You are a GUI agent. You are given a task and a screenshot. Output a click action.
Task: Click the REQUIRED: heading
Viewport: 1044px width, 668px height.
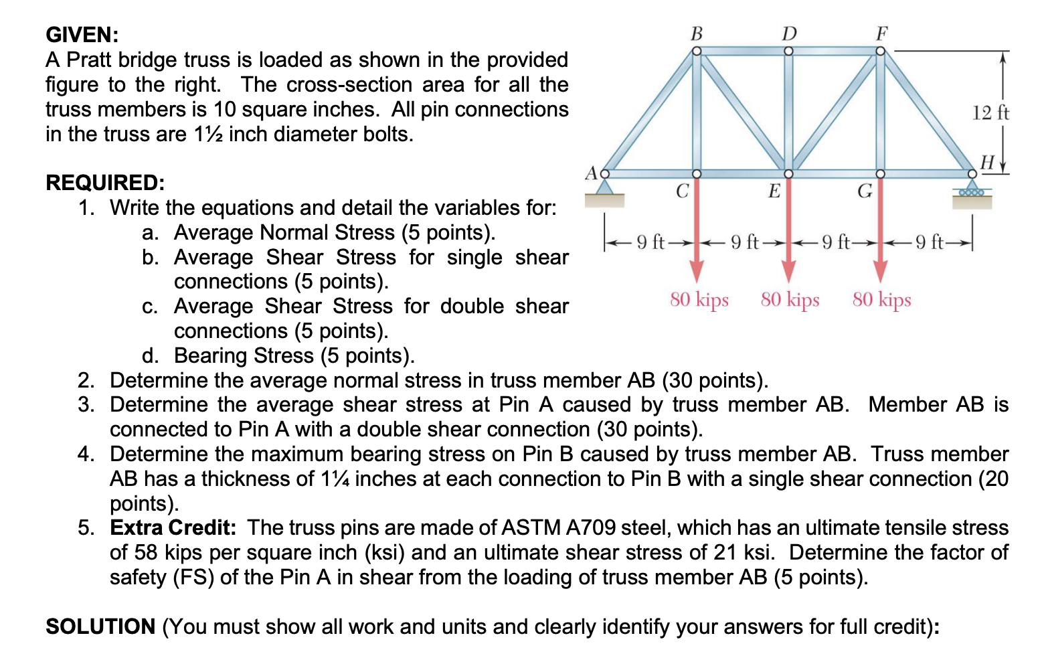(105, 183)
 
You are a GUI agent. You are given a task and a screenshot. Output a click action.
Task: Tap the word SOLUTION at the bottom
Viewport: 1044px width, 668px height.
(100, 627)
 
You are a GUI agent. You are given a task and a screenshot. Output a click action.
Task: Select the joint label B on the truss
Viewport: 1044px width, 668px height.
(696, 33)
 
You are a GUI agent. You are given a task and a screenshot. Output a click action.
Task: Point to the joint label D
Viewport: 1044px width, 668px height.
(789, 33)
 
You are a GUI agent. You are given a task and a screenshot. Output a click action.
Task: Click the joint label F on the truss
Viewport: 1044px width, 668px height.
(881, 33)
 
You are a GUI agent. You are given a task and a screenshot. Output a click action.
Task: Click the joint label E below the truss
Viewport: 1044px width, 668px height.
(774, 191)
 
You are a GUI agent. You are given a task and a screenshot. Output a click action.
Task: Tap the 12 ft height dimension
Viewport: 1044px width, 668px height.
(990, 112)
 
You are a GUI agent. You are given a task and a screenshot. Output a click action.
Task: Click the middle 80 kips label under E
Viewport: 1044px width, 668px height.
(790, 299)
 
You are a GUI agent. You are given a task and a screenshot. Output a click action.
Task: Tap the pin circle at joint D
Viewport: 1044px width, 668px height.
(788, 51)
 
